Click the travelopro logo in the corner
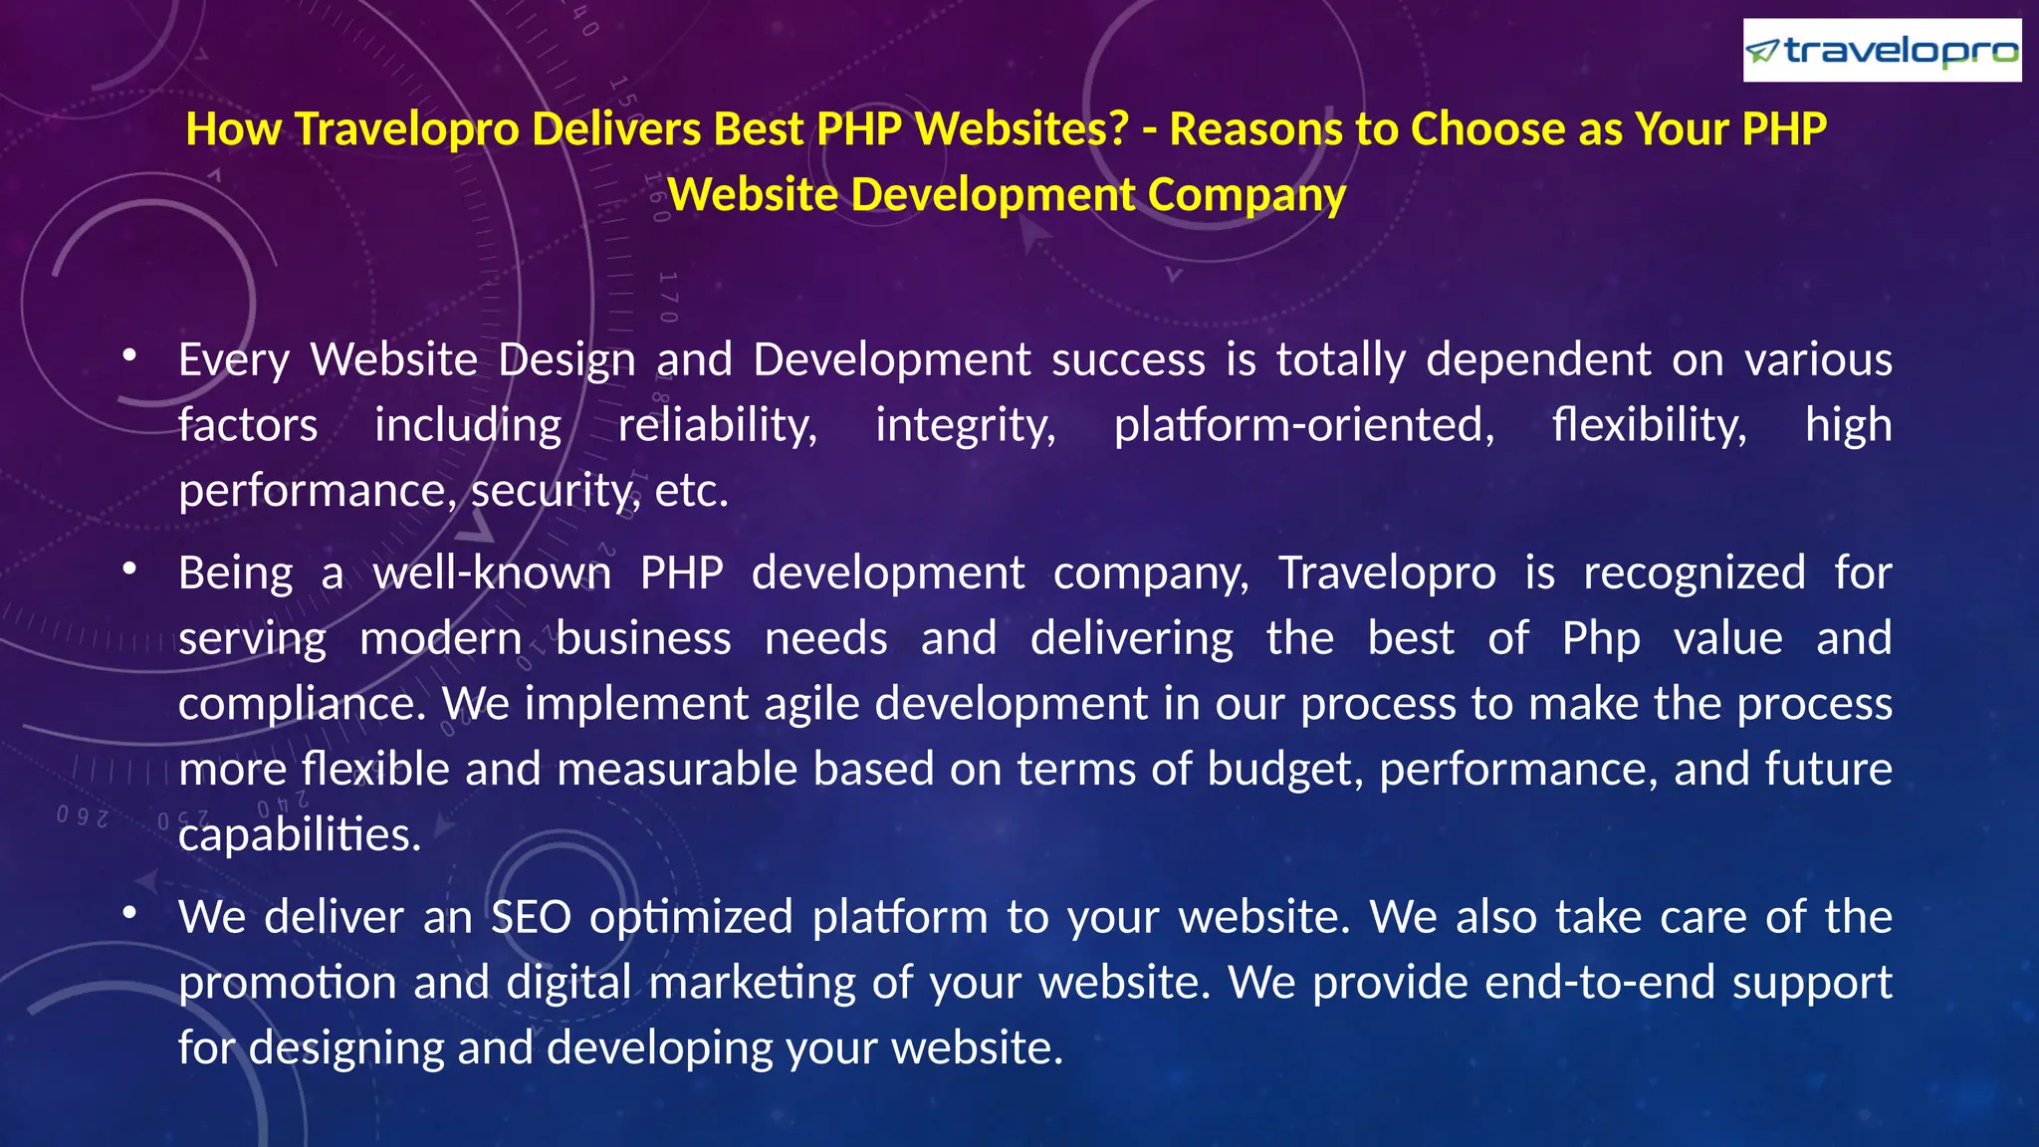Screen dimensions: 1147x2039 click(1882, 51)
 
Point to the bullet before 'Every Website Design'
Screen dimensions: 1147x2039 click(129, 355)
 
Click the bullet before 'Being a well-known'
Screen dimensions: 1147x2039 click(129, 569)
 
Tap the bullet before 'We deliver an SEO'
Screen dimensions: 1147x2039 click(129, 913)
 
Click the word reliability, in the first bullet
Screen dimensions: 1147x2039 click(718, 425)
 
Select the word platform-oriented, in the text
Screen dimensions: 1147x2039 click(1303, 425)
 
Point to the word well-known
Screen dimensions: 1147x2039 click(492, 573)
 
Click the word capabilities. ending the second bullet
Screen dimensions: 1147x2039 click(300, 835)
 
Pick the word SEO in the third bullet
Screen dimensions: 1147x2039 click(532, 917)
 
